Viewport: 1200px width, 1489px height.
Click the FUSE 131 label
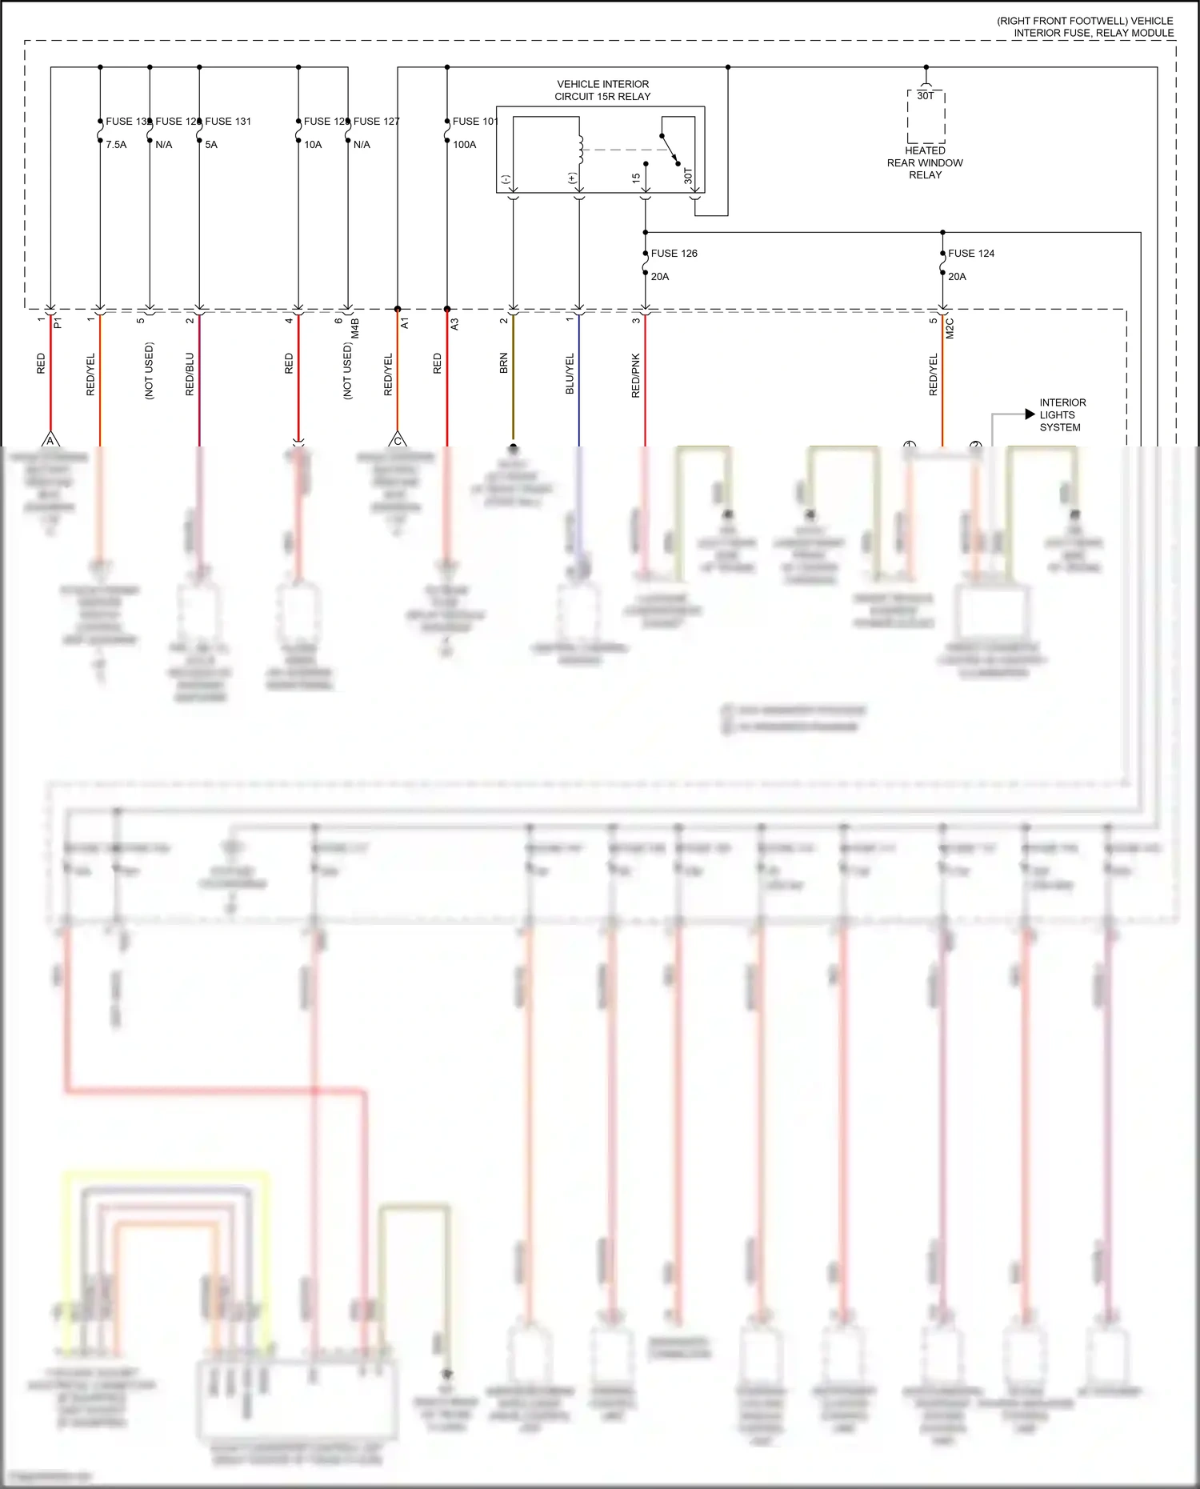228,122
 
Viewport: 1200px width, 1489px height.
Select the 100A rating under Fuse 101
465,145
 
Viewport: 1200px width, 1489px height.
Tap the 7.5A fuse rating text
116,145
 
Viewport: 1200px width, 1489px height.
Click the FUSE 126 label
674,254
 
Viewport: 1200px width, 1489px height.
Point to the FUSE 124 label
971,254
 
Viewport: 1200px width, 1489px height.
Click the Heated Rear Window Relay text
925,162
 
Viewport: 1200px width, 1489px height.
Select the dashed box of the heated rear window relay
926,120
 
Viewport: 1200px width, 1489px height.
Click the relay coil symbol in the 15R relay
581,149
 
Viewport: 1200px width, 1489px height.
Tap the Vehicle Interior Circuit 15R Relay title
602,90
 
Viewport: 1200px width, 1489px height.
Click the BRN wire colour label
504,364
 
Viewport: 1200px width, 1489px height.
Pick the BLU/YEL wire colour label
570,374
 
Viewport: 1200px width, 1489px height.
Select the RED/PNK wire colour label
636,375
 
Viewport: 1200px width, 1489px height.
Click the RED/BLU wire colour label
190,374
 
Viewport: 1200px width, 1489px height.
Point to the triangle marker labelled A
50,440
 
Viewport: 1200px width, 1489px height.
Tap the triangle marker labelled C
398,440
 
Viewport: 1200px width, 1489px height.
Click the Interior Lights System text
1062,414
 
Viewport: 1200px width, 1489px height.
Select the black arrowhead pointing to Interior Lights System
1030,414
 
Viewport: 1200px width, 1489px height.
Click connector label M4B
355,328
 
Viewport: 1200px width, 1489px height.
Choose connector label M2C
950,328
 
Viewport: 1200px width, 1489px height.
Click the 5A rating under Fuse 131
211,145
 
